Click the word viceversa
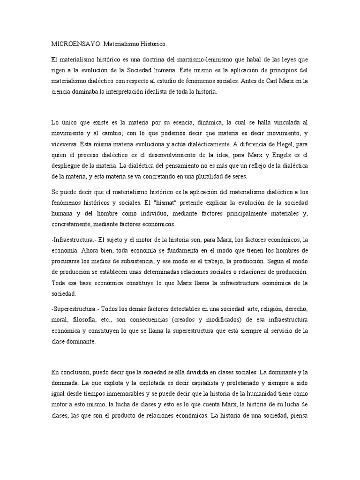pyautogui.click(x=63, y=145)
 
